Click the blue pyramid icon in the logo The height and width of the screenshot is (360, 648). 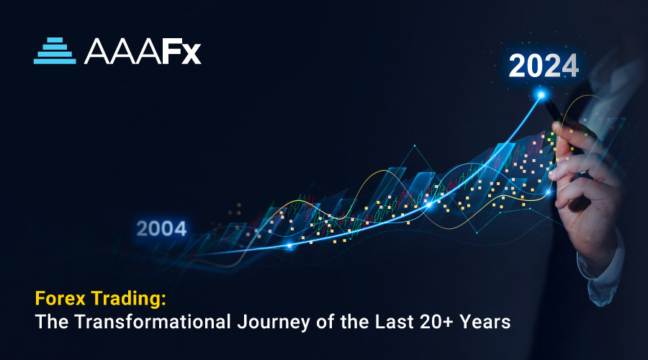(55, 51)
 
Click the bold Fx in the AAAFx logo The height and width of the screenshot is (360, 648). (181, 52)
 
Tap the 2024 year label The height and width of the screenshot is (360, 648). (544, 66)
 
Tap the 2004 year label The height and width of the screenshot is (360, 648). (161, 228)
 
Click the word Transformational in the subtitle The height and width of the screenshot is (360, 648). (153, 322)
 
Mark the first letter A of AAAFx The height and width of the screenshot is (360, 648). (96, 52)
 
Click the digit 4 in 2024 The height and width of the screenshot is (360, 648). (570, 66)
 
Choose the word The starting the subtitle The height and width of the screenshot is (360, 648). (52, 322)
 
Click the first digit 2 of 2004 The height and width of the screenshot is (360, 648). (142, 228)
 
